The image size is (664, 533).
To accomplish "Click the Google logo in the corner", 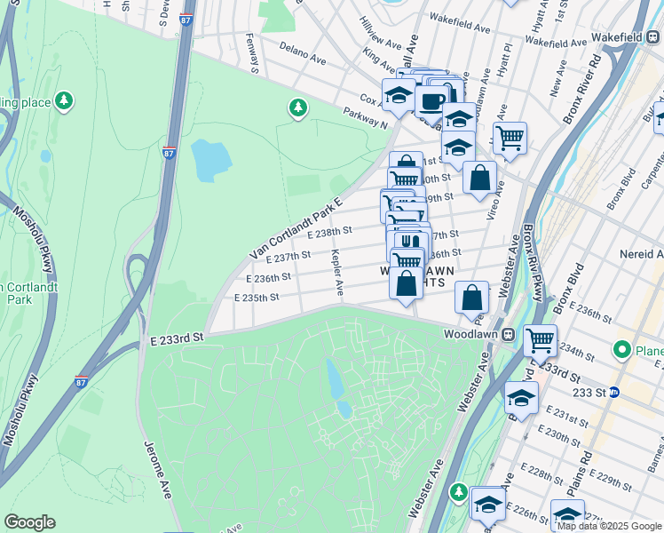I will (29, 522).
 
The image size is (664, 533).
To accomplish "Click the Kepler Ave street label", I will (337, 273).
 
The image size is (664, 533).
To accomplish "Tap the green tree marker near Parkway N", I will (298, 108).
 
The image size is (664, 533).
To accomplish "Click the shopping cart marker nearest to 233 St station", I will (540, 339).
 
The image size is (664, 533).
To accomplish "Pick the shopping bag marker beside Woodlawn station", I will (472, 297).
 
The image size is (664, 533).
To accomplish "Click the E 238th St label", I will (328, 232).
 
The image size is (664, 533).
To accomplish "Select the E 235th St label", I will (257, 298).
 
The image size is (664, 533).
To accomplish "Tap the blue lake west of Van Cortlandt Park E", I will (210, 159).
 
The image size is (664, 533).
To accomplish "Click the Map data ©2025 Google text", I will (609, 526).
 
